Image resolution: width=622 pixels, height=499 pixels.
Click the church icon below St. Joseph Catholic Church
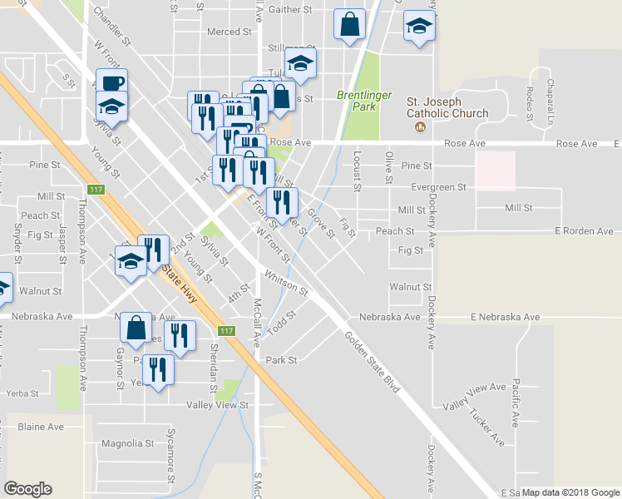tap(420, 127)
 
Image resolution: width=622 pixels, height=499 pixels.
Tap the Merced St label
tap(229, 32)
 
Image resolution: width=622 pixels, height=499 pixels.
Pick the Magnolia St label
tap(122, 443)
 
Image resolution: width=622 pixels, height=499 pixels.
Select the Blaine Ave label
tap(41, 427)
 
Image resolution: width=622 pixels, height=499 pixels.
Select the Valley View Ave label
tap(475, 396)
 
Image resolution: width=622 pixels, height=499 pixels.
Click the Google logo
tap(27, 489)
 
